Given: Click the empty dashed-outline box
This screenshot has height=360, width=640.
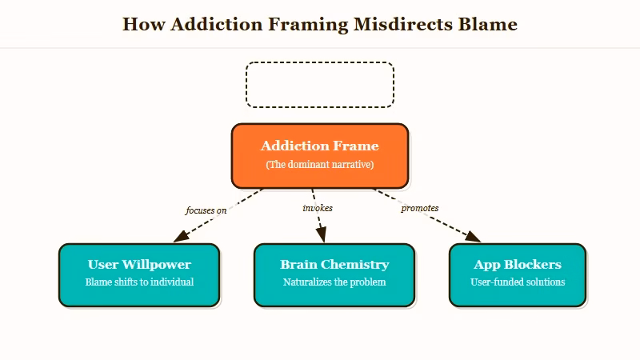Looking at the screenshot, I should point(319,85).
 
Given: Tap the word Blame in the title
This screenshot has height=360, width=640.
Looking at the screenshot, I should point(487,24).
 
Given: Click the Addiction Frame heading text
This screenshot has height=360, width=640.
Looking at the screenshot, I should point(319,146).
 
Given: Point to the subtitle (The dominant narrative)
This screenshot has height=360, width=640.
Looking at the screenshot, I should point(319,165).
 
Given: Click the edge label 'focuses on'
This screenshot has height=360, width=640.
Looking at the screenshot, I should point(206,210).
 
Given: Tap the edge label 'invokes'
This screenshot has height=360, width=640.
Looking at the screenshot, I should point(318,208).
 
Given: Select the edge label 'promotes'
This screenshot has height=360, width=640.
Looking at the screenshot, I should point(419,208).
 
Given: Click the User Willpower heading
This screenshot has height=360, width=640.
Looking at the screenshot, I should point(139,264).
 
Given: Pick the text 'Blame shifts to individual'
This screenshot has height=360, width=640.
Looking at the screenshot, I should point(139,282).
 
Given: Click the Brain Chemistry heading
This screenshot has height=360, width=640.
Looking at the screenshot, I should point(334,264).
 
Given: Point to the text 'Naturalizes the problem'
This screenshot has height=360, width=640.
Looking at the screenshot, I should point(334,282).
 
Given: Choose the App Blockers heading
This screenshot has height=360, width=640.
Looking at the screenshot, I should point(518,264).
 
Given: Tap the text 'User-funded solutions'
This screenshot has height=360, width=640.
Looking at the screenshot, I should point(518,282).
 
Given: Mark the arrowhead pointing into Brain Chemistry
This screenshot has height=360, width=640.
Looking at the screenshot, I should point(322,235).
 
